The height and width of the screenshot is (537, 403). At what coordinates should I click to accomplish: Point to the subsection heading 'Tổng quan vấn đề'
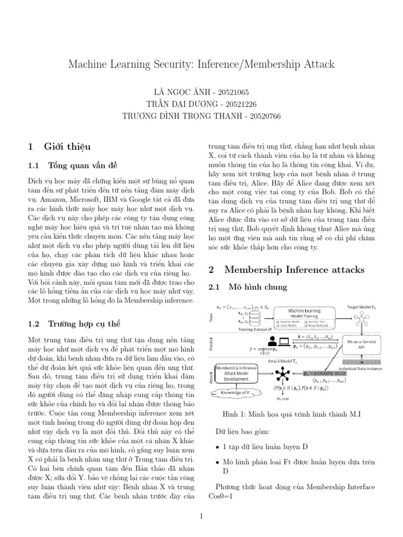point(79,166)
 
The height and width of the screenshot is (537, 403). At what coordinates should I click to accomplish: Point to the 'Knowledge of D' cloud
point(236,393)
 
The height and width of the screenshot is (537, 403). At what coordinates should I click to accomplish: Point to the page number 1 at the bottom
point(201,516)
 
